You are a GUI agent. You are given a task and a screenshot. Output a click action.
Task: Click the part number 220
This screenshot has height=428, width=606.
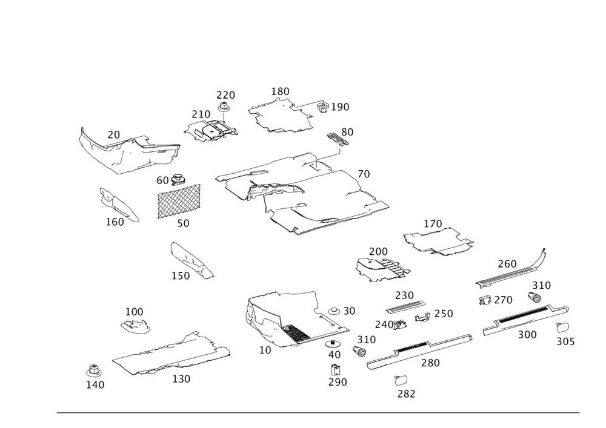click(x=225, y=95)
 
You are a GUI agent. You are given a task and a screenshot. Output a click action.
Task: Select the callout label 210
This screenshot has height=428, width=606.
click(x=201, y=114)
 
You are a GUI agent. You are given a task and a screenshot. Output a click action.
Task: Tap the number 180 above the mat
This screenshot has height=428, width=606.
click(x=281, y=91)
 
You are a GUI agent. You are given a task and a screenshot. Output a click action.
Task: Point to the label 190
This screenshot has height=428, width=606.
click(x=341, y=107)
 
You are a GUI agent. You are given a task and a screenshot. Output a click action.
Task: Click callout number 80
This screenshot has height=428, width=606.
click(x=348, y=131)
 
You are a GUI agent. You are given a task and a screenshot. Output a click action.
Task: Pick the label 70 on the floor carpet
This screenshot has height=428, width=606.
click(x=363, y=174)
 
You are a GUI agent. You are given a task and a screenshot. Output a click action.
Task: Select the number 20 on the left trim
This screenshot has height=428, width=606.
click(x=114, y=134)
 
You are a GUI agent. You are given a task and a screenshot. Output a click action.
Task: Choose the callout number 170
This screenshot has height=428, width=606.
click(x=433, y=224)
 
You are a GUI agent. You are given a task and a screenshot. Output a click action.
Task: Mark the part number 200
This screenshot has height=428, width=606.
click(x=378, y=251)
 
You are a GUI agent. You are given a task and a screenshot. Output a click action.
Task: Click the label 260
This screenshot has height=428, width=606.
click(x=507, y=263)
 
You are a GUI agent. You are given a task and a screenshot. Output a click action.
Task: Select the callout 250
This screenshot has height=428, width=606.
click(x=404, y=295)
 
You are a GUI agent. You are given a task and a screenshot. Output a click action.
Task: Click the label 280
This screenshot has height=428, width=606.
click(x=430, y=363)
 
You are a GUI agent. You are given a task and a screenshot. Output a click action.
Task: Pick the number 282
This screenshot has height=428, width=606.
click(x=406, y=393)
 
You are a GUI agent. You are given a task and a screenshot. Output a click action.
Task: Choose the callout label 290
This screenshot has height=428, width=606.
click(x=338, y=383)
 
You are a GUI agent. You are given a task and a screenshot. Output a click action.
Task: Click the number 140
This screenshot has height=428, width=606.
click(x=95, y=384)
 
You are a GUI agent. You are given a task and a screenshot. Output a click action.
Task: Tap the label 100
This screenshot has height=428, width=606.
click(x=135, y=311)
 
